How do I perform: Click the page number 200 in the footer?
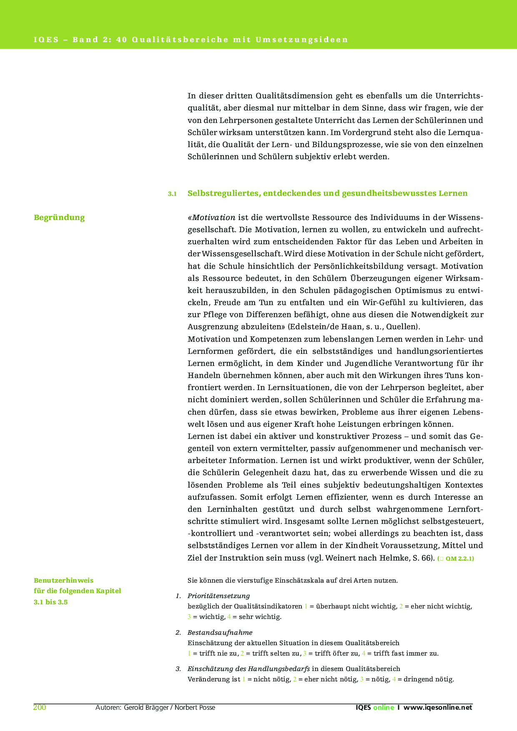[40, 707]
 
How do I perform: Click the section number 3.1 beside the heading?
[172, 194]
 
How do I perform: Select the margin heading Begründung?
[59, 218]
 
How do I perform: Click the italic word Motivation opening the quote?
[214, 218]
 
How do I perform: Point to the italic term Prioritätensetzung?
[218, 596]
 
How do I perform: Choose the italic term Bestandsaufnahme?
[220, 633]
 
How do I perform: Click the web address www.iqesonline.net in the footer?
[438, 707]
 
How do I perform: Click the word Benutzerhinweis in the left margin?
[63, 581]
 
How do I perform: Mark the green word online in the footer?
[383, 707]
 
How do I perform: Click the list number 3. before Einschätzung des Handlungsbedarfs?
[178, 669]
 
